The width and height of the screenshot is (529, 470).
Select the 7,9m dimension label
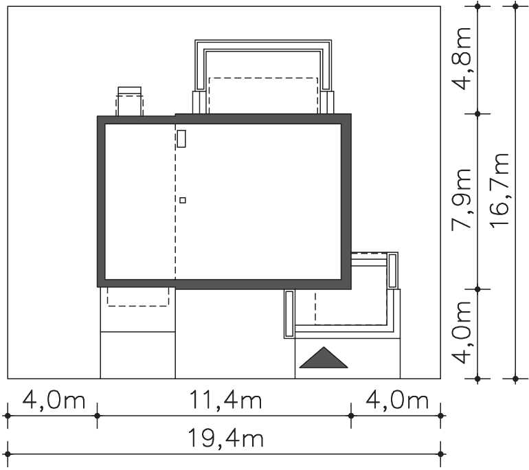click(462, 199)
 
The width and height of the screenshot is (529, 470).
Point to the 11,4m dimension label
click(226, 401)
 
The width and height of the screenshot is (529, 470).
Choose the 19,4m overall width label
click(225, 438)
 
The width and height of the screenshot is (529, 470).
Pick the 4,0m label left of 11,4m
click(54, 401)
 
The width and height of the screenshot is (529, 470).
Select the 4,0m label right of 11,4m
click(397, 401)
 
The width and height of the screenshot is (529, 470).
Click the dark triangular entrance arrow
click(324, 357)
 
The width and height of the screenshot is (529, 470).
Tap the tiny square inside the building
click(183, 200)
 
